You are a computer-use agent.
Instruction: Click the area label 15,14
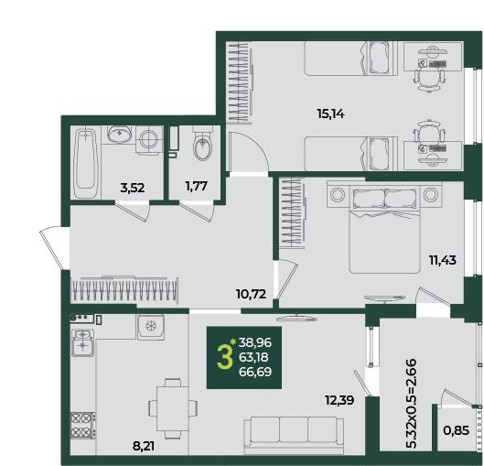coord(330,114)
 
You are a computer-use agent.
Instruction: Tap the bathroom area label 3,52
coord(133,188)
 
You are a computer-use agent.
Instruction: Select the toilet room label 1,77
coord(196,186)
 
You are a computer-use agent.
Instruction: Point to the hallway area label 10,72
coord(251,294)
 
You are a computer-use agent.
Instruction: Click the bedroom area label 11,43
coord(443,260)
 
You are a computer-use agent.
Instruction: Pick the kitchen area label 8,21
coord(144,446)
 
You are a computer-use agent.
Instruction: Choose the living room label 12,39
coord(339,400)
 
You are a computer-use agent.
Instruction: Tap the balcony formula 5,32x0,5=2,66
coord(411,404)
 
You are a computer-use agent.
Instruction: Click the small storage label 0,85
coord(457,430)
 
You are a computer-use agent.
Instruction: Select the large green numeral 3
coord(224,357)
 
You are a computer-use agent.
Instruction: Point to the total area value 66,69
coord(255,372)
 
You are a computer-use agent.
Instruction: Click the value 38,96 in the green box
coord(255,342)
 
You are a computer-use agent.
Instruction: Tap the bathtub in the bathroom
coord(85,163)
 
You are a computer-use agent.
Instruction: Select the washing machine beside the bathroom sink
coord(149,139)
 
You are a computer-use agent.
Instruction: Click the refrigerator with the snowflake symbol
coord(151,327)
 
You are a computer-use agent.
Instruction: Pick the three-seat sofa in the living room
coord(294,436)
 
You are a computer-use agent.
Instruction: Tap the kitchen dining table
coord(173,408)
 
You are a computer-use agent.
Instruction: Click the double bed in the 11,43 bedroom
coord(384,229)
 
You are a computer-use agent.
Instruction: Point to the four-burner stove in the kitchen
coord(82,425)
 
